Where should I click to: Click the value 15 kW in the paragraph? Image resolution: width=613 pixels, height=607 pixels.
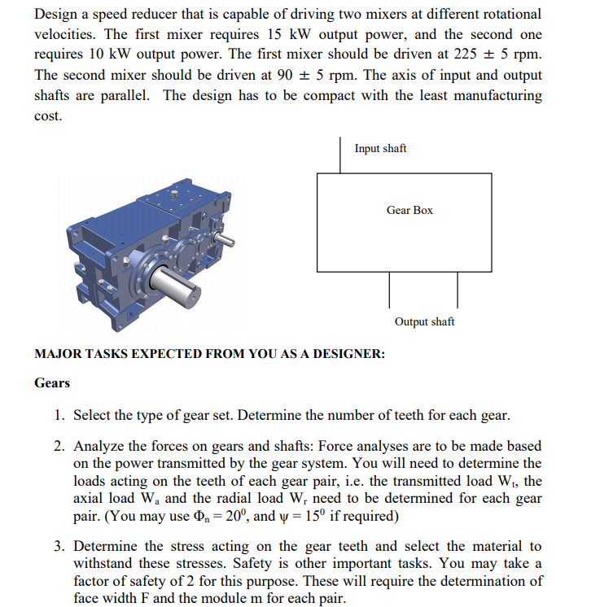pyautogui.click(x=283, y=34)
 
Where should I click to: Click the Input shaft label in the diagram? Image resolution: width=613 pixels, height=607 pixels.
pyautogui.click(x=380, y=148)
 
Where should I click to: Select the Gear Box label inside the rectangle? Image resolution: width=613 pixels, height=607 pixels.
pyautogui.click(x=409, y=210)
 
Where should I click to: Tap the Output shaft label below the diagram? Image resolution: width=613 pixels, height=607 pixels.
pyautogui.click(x=424, y=321)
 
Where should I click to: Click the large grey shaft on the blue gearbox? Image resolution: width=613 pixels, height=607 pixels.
pyautogui.click(x=175, y=282)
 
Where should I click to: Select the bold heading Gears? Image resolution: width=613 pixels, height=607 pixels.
pyautogui.click(x=52, y=383)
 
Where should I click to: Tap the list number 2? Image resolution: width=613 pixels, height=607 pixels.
pyautogui.click(x=60, y=446)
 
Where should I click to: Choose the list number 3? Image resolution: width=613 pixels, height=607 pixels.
pyautogui.click(x=60, y=546)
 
